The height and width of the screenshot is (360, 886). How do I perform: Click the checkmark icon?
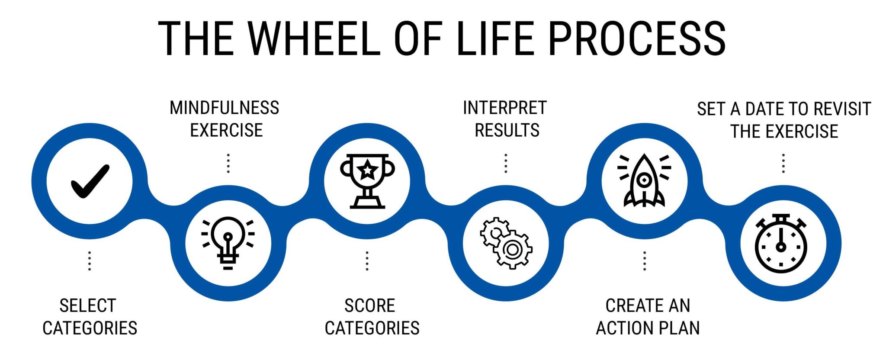tap(90, 181)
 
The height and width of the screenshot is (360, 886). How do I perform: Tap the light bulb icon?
tap(228, 243)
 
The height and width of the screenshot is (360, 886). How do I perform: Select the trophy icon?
tap(367, 181)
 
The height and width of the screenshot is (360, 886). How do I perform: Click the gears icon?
tap(506, 243)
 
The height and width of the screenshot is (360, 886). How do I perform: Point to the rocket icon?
tap(644, 180)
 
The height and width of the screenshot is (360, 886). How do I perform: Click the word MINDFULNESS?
tap(224, 108)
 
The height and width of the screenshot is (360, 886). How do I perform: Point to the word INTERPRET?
tap(505, 108)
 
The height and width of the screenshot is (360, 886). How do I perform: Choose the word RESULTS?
tap(507, 130)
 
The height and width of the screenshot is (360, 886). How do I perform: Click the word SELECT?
tap(88, 305)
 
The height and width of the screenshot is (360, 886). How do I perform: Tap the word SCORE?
tap(369, 305)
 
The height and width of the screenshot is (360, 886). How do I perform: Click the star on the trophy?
tap(367, 169)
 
